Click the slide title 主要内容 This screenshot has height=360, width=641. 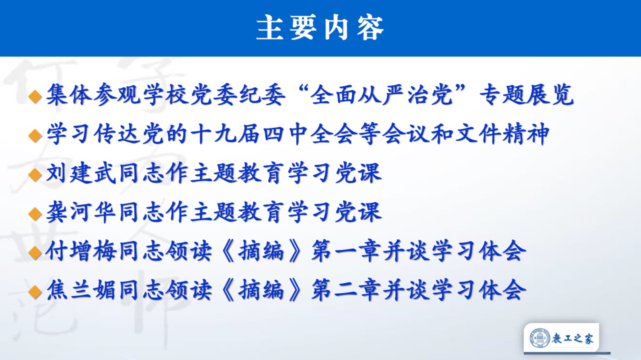(x=320, y=28)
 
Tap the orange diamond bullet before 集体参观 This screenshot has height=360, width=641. (x=35, y=96)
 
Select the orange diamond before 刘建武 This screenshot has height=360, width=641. (x=35, y=175)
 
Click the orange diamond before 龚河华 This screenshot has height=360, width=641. (x=35, y=214)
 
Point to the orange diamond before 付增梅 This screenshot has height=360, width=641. (x=35, y=253)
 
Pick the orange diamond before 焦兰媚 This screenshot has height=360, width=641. (x=35, y=292)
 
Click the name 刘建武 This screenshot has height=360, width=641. (x=81, y=173)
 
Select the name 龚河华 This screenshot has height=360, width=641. (x=81, y=212)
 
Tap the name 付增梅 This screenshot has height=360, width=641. (x=81, y=251)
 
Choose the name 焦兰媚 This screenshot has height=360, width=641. (x=81, y=290)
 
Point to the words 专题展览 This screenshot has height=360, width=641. (x=526, y=95)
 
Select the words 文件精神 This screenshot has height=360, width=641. (x=502, y=134)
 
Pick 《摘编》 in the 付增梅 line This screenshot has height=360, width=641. (x=262, y=251)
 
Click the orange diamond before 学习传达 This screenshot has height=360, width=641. (x=35, y=136)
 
